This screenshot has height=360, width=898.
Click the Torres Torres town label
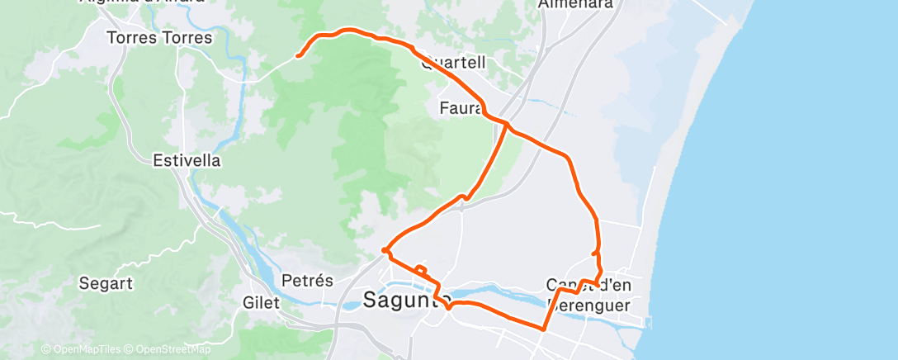pos(160,38)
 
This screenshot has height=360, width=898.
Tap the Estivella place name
pos(187,160)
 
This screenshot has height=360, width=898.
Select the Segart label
pos(106,283)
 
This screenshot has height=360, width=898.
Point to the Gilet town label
pos(261,302)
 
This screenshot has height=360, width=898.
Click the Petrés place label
pos(307,281)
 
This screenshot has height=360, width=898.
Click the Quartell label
pos(452,63)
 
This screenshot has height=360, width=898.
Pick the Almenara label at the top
pos(575,4)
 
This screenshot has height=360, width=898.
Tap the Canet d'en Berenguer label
pos(588,295)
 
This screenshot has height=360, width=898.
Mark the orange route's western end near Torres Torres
pos(297,56)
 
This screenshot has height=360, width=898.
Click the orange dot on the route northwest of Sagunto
pos(385,250)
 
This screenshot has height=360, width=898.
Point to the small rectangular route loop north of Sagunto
pos(421,269)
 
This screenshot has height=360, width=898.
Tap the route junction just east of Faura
pos(508,126)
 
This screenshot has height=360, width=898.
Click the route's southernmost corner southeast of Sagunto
pos(543,329)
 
